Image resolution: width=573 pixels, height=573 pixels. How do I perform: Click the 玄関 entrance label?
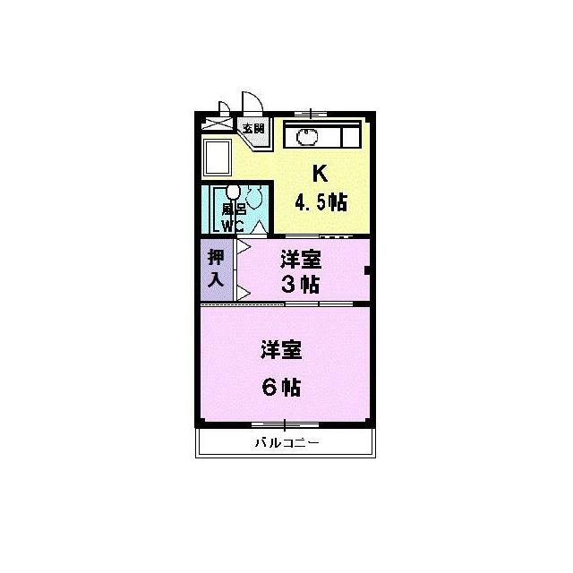pos(253,128)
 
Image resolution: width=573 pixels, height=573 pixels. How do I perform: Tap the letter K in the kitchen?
pos(320,174)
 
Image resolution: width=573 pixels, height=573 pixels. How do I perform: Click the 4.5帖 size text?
pos(321,202)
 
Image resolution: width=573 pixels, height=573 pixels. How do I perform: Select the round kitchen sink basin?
pos(307,138)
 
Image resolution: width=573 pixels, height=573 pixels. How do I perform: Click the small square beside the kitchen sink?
pos(351,137)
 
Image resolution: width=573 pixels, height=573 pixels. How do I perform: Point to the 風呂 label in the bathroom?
pos(234,210)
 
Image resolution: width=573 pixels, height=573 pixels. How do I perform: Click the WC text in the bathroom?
pos(233,227)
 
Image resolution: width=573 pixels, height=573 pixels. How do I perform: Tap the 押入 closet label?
pos(216,269)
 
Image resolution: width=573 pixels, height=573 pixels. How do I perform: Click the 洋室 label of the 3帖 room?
pos(301,260)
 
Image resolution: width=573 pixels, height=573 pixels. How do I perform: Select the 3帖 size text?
pos(301,284)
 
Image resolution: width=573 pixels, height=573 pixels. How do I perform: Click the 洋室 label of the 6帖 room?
pos(281,350)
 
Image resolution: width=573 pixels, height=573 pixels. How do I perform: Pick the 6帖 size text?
pos(281,387)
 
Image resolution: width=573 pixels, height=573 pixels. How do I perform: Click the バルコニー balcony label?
pos(287,443)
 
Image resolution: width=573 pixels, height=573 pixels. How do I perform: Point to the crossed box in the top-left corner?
pos(217,124)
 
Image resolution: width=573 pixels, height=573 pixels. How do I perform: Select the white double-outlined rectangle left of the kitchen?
pos(218,158)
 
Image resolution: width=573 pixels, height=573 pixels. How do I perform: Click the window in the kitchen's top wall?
pos(311,114)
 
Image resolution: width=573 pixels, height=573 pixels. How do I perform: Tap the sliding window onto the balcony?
pos(285,424)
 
